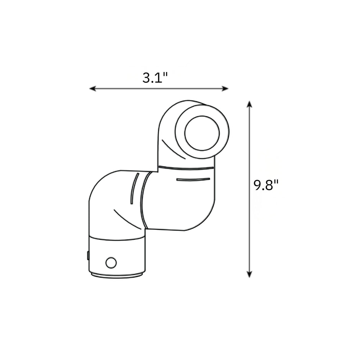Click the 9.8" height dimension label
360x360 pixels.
point(266,185)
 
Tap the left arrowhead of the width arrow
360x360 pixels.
point(93,88)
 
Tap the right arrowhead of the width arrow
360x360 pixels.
point(225,88)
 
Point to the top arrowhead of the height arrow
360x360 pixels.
point(249,104)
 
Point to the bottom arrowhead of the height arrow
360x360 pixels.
point(249,274)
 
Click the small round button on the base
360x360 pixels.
point(111,263)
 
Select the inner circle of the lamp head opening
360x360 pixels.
point(202,133)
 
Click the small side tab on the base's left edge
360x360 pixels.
point(88,255)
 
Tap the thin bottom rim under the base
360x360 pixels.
point(117,275)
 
